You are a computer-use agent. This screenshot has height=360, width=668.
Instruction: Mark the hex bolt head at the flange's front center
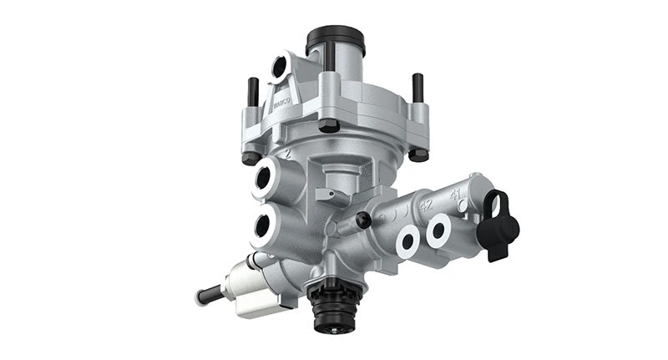point(329,125)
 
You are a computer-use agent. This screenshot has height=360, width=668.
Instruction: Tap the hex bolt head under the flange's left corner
point(250,156)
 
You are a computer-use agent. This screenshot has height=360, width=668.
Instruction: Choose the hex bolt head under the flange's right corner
point(418,154)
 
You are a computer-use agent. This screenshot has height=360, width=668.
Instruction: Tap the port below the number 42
point(407,241)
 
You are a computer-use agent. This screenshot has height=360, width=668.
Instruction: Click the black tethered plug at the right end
point(501,226)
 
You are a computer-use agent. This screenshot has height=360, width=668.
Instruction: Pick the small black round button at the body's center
point(363,219)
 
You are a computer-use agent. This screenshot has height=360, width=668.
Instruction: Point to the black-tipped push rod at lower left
point(210,295)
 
